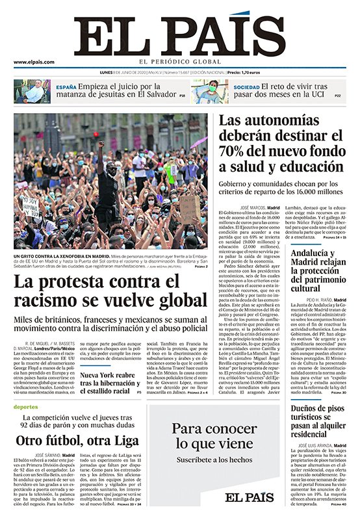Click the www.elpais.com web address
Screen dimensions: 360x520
coord(34,62)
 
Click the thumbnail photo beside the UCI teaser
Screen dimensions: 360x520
coord(209,92)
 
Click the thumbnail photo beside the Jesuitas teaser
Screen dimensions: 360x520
coord(32,92)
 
